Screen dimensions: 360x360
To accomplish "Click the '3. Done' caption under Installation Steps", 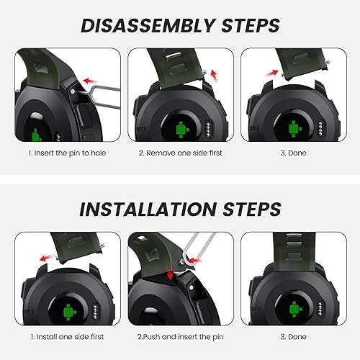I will pyautogui.click(x=292, y=337).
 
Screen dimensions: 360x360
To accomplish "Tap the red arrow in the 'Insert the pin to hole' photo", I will pyautogui.click(x=90, y=81).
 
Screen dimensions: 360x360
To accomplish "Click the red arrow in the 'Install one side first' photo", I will pyautogui.click(x=48, y=255).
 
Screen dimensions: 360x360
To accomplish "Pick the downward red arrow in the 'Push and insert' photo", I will pyautogui.click(x=169, y=272).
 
